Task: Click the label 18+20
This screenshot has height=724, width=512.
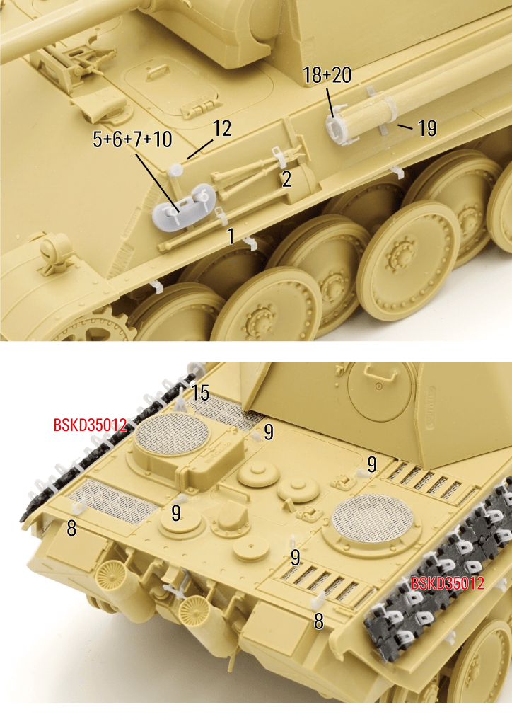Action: (x=327, y=75)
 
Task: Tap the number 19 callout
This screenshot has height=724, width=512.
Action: (x=427, y=128)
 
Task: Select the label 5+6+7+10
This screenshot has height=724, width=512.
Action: (x=132, y=139)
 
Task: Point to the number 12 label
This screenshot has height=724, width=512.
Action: (x=221, y=128)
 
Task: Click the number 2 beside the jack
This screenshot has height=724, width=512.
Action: (x=286, y=179)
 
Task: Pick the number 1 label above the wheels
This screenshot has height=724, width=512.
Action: (x=231, y=236)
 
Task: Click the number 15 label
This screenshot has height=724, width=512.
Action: (x=200, y=393)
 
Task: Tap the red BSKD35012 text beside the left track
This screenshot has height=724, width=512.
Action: (x=90, y=425)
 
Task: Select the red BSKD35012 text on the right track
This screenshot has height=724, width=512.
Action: (x=447, y=583)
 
